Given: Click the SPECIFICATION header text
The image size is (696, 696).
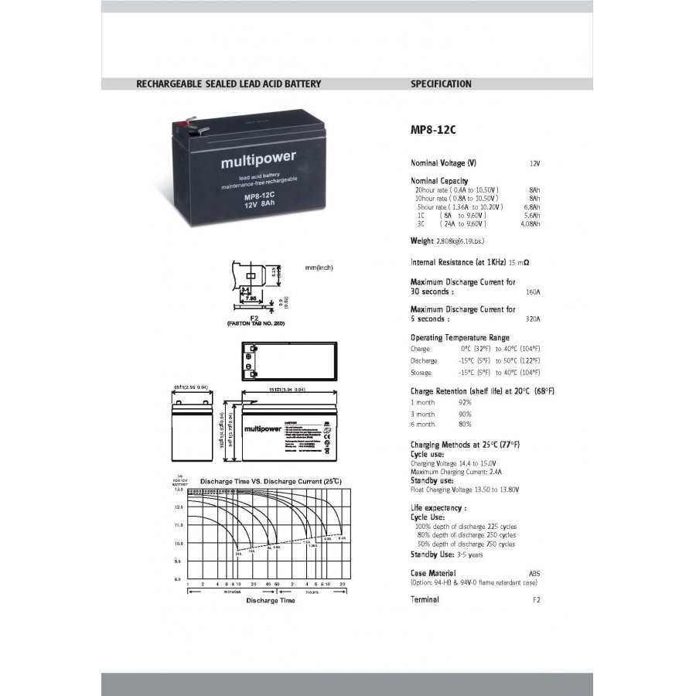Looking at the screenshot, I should [441, 84].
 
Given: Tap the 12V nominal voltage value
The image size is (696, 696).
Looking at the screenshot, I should [534, 164].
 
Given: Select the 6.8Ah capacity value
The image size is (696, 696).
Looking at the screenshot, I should [532, 207].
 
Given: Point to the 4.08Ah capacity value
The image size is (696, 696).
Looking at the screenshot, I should [531, 223].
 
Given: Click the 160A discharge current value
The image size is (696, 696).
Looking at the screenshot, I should [532, 292].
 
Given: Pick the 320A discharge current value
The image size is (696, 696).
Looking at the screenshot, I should [532, 319].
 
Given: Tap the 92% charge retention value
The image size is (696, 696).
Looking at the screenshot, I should [465, 402].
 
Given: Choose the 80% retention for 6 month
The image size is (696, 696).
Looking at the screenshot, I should [465, 424].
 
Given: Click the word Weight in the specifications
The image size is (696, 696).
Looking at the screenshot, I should [421, 242].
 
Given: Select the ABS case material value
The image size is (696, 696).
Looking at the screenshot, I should [534, 573].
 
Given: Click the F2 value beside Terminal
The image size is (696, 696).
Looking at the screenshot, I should [536, 600].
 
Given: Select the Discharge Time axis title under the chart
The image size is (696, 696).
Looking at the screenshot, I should [271, 600].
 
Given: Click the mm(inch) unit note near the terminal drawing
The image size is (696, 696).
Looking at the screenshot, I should [319, 267].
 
